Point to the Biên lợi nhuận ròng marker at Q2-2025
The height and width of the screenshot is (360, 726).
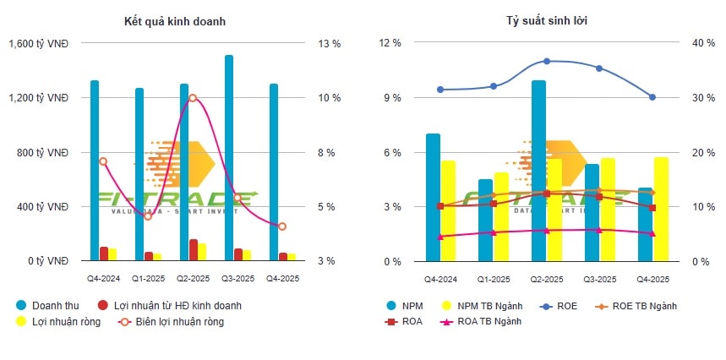tap(193, 98)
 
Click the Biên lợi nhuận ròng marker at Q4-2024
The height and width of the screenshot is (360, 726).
tap(103, 161)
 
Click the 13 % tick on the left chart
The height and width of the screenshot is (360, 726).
tap(328, 43)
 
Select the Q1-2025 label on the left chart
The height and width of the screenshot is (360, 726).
tap(148, 278)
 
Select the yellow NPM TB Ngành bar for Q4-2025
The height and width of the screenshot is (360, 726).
tap(660, 210)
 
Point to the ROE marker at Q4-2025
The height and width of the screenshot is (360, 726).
tap(652, 97)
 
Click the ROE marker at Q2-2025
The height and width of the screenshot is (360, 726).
tap(547, 61)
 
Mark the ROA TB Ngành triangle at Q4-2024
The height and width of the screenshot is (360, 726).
tap(440, 237)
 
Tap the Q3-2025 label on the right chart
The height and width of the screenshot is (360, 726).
tap(599, 278)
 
